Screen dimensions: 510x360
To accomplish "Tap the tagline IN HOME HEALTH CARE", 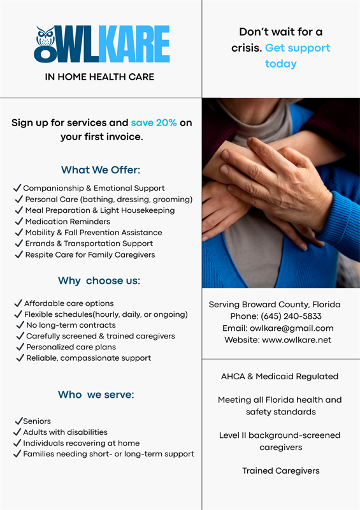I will (99, 77).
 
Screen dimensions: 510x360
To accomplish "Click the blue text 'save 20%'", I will (154, 122).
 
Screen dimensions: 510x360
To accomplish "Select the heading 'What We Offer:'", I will (101, 170).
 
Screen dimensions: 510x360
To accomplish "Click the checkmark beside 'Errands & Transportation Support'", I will (18, 244).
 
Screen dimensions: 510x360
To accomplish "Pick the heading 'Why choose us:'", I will (99, 280).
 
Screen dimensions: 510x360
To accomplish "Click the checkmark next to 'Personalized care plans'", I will (19, 347).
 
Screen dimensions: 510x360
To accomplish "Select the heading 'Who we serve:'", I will (96, 395).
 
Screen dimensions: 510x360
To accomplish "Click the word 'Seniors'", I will (37, 421).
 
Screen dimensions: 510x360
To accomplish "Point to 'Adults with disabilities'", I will (65, 432).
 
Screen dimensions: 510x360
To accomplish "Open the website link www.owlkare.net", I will (296, 340).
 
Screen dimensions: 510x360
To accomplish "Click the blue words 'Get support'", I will (298, 48).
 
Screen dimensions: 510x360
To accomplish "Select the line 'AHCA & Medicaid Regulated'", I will (280, 376).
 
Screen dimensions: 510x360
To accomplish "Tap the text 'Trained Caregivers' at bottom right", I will (280, 470).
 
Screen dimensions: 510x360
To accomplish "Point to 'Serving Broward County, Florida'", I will (275, 305).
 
